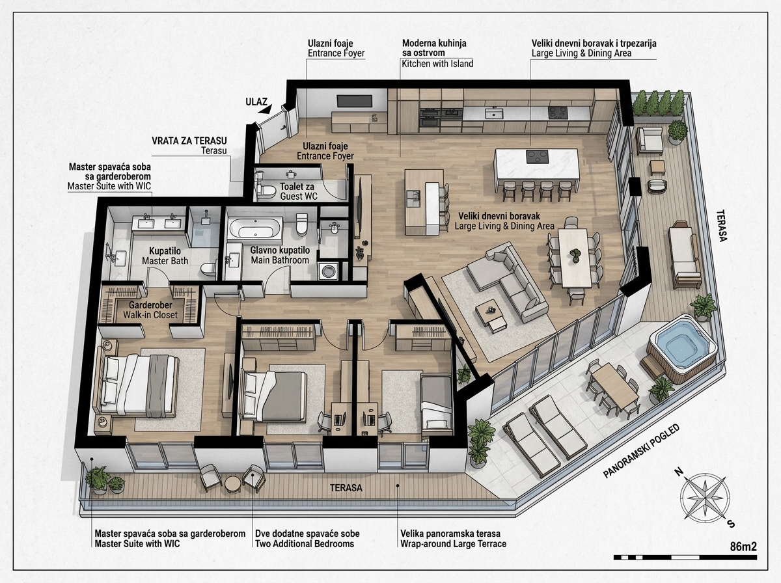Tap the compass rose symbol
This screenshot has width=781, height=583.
(x=704, y=497)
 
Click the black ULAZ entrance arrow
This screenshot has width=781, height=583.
(x=265, y=109)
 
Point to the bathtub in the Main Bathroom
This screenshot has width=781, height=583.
(x=255, y=227)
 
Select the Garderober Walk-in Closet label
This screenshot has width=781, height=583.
(x=150, y=310)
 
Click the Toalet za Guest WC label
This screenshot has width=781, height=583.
(x=298, y=191)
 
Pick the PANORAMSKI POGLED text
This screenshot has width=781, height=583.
(x=641, y=451)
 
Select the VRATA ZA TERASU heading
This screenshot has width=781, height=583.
(x=189, y=141)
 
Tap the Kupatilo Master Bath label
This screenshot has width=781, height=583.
(x=165, y=256)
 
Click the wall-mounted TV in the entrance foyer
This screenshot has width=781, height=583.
(x=355, y=101)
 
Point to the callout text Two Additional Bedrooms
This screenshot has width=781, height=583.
(x=305, y=544)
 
